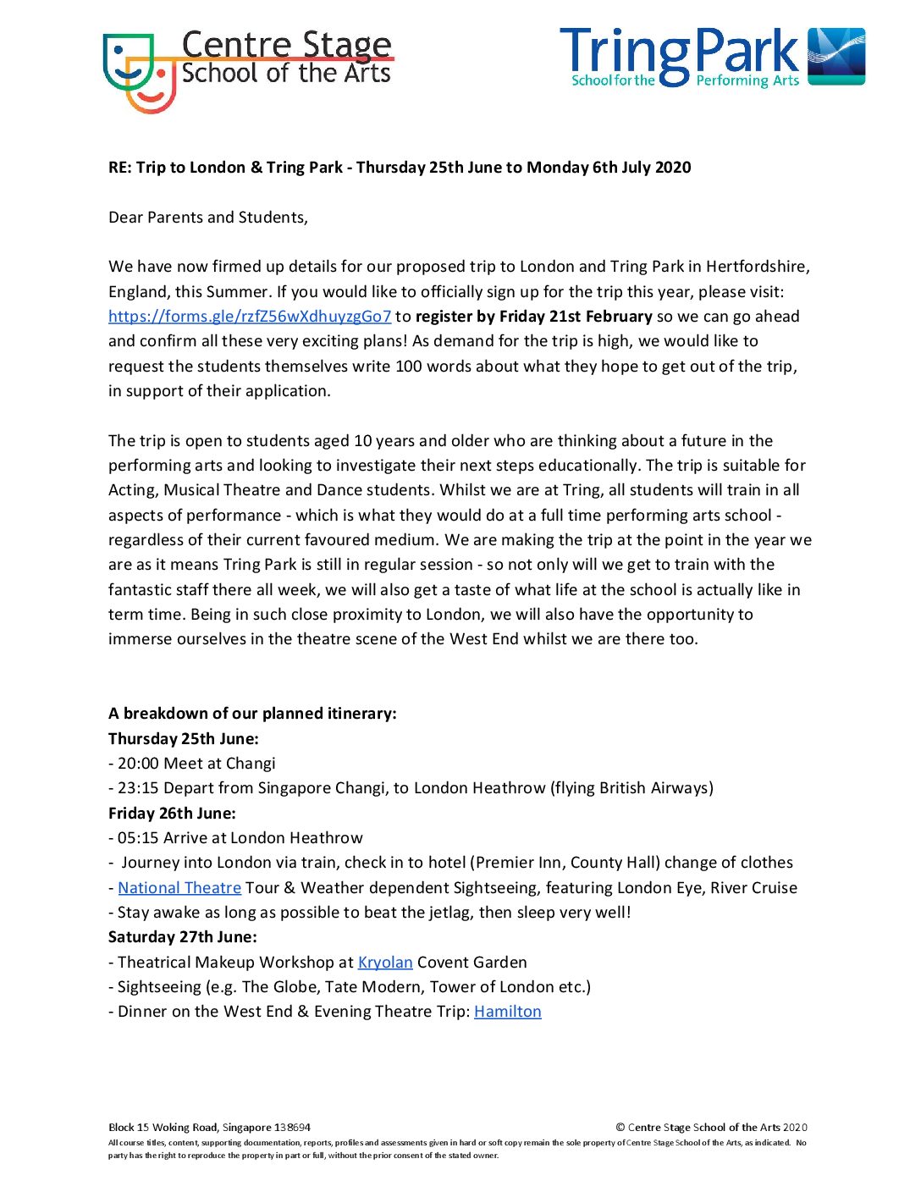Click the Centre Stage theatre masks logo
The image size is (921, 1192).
[x=139, y=72]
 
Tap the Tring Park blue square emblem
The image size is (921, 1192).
[x=836, y=57]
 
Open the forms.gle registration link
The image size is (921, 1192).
[x=250, y=317]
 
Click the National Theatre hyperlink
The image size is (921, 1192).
[x=179, y=888]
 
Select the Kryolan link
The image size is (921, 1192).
[x=385, y=963]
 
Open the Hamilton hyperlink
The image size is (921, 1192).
[x=508, y=1012]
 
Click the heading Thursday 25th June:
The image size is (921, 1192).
[x=184, y=738]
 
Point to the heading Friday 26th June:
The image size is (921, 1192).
[x=172, y=814]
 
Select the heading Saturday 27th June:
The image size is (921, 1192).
[x=183, y=937]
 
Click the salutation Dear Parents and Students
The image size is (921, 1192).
[x=208, y=218]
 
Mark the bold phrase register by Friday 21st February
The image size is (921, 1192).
[x=534, y=317]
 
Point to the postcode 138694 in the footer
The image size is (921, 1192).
[x=293, y=1128]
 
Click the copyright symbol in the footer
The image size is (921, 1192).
[x=620, y=1128]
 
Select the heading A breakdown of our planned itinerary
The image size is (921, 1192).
[x=252, y=714]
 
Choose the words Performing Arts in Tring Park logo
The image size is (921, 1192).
[x=747, y=81]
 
